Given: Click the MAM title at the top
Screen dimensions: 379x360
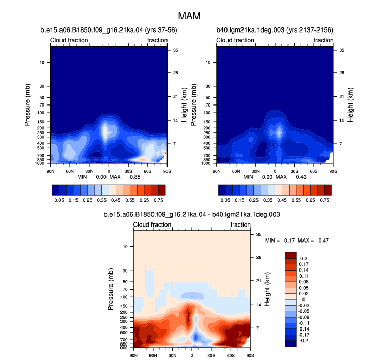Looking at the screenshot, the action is (x=189, y=16).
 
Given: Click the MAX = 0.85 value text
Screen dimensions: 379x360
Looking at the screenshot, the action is (x=125, y=177).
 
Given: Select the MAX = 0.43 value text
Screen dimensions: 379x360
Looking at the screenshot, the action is (x=291, y=177).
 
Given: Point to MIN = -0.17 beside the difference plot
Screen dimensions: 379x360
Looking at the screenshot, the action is (x=280, y=241).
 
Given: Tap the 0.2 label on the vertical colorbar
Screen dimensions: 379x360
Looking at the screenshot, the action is (x=304, y=259).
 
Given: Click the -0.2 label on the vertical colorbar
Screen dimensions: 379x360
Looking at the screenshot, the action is (x=304, y=341).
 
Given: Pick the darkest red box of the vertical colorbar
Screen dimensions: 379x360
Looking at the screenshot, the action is (x=291, y=256).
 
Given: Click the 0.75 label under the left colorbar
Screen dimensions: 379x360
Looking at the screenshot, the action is (x=158, y=200).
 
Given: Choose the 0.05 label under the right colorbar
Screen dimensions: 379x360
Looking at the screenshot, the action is (x=225, y=200).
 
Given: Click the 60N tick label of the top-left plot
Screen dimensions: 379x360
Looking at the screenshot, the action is (x=70, y=171).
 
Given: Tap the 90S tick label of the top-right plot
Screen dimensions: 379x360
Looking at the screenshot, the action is (x=333, y=171).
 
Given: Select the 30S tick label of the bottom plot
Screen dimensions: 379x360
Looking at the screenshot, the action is (x=211, y=356).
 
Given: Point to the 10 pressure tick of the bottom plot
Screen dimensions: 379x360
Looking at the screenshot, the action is (x=125, y=247).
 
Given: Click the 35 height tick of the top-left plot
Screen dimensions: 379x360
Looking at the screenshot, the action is (x=175, y=50).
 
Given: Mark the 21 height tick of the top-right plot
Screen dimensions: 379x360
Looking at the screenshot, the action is (x=342, y=97).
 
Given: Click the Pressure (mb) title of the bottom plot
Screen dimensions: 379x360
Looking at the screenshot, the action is (x=111, y=289).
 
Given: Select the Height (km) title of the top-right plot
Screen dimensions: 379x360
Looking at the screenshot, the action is (x=350, y=104).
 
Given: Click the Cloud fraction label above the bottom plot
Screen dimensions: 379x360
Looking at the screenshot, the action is (x=152, y=224).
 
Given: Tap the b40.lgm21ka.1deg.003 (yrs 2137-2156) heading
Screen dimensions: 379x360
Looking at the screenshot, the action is (x=275, y=30).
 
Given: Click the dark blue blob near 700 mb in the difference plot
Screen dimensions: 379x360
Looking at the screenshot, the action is (x=196, y=337).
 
